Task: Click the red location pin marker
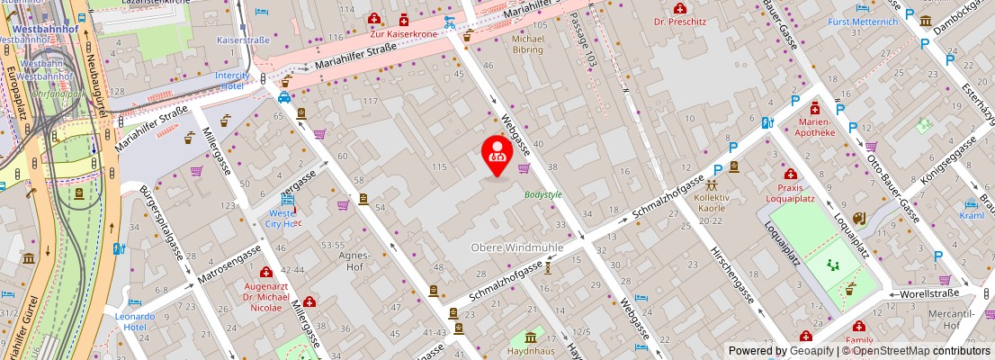click(x=497, y=154)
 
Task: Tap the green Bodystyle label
click(x=542, y=193)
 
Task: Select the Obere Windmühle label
click(x=516, y=247)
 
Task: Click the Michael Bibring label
click(x=527, y=44)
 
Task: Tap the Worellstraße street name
click(x=928, y=293)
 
